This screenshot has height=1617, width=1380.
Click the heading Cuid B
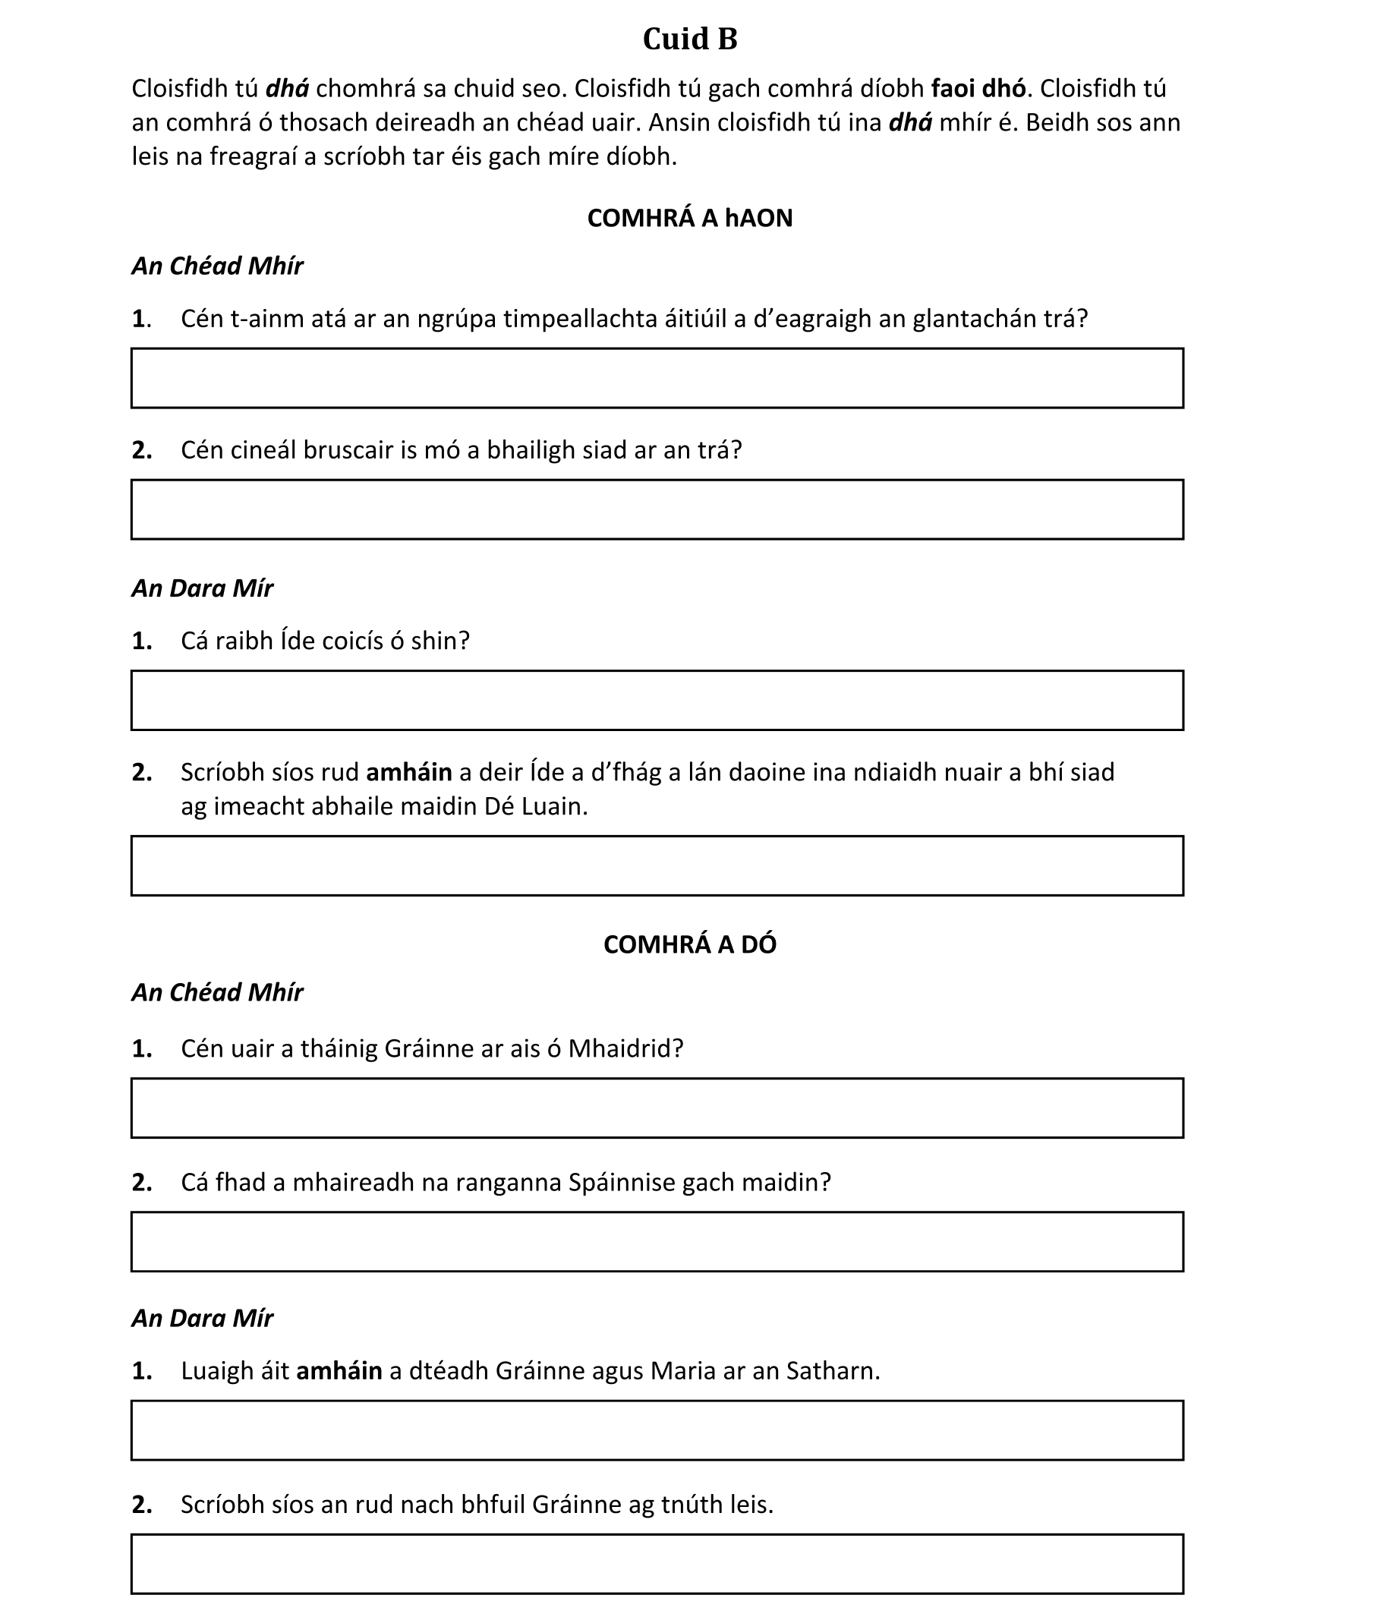[689, 39]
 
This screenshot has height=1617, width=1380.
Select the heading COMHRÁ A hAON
[689, 218]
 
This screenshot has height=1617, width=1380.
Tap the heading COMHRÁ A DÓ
[689, 944]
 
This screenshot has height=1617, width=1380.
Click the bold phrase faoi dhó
[978, 89]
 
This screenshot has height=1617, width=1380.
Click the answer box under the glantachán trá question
[657, 379]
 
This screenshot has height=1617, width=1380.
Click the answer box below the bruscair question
[657, 509]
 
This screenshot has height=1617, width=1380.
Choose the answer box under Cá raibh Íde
[657, 700]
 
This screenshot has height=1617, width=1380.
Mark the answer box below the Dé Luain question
[657, 865]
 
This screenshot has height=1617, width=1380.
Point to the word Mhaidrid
[625, 1048]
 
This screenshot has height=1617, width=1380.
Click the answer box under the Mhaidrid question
[657, 1108]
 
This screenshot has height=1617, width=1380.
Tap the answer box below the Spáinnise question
[657, 1242]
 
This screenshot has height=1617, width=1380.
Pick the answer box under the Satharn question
[657, 1430]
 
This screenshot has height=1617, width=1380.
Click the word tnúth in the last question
[692, 1504]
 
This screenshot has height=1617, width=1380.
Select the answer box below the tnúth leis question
[657, 1564]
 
